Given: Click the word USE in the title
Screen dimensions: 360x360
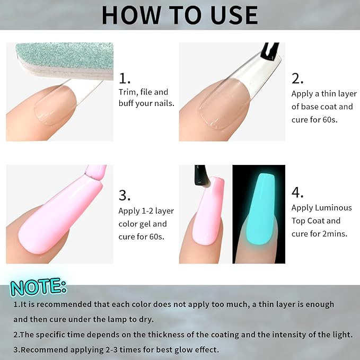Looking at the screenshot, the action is (234, 15).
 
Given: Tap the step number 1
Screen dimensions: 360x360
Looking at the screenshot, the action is (124, 78).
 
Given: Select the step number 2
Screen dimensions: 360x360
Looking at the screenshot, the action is (297, 78).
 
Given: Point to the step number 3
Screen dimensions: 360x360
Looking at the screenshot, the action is (125, 196).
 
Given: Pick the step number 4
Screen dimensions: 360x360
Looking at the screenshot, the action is (297, 192).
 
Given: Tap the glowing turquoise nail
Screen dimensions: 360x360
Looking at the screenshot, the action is (260, 209).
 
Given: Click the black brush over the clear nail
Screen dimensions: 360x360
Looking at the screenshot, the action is (270, 51).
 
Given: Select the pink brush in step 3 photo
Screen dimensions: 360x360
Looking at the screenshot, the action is (95, 172).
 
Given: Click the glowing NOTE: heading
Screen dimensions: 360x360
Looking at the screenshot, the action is (39, 287).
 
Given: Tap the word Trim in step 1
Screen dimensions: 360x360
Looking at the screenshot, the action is (127, 92).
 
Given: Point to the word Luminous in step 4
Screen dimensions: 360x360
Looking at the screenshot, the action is (333, 208).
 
